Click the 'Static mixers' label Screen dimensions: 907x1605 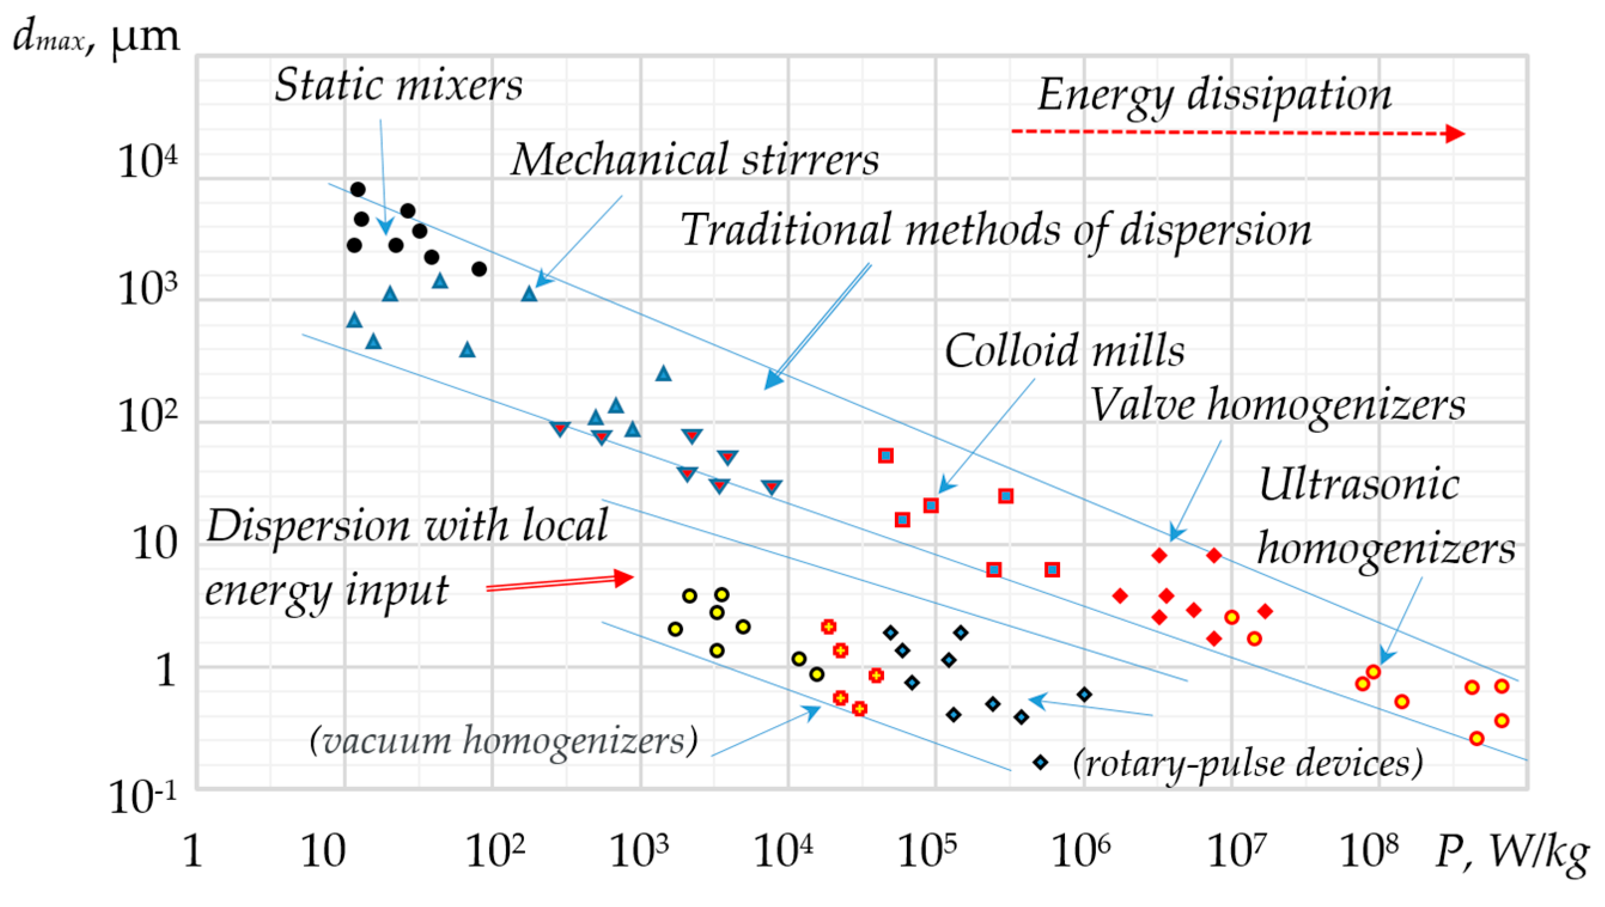[x=399, y=85]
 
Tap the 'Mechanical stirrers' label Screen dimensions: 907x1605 [x=695, y=160]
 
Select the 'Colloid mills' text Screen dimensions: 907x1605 [x=1064, y=351]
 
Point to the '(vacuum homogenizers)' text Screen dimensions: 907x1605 [x=503, y=741]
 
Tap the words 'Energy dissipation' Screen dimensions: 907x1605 [x=1214, y=95]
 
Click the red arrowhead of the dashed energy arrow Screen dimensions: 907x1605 [x=1455, y=133]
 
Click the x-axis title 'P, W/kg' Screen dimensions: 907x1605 [x=1512, y=851]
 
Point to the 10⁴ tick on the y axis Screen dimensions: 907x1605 [x=148, y=162]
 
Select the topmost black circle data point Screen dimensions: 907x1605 [x=358, y=190]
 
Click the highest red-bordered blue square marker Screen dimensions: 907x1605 [x=886, y=456]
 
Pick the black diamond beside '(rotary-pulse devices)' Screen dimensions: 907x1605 [x=1040, y=762]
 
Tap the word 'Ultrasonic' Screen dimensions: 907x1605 [x=1359, y=485]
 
